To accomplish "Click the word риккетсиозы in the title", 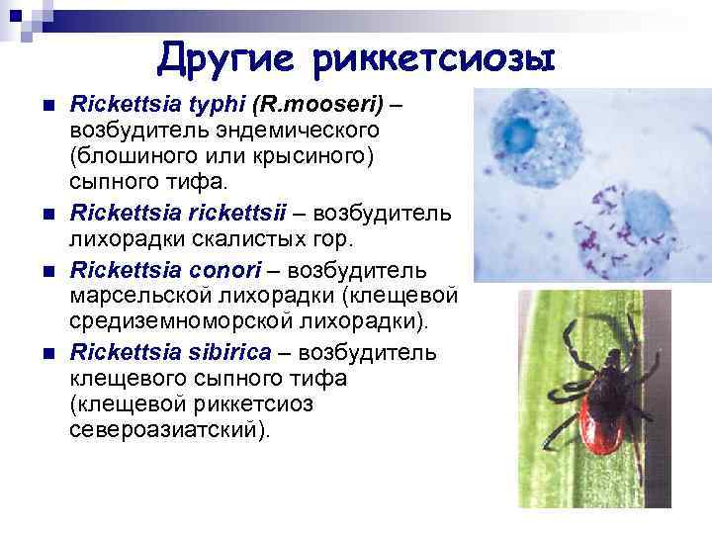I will click(433, 58).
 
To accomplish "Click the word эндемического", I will click(284, 131).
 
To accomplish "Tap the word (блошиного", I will click(130, 157).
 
